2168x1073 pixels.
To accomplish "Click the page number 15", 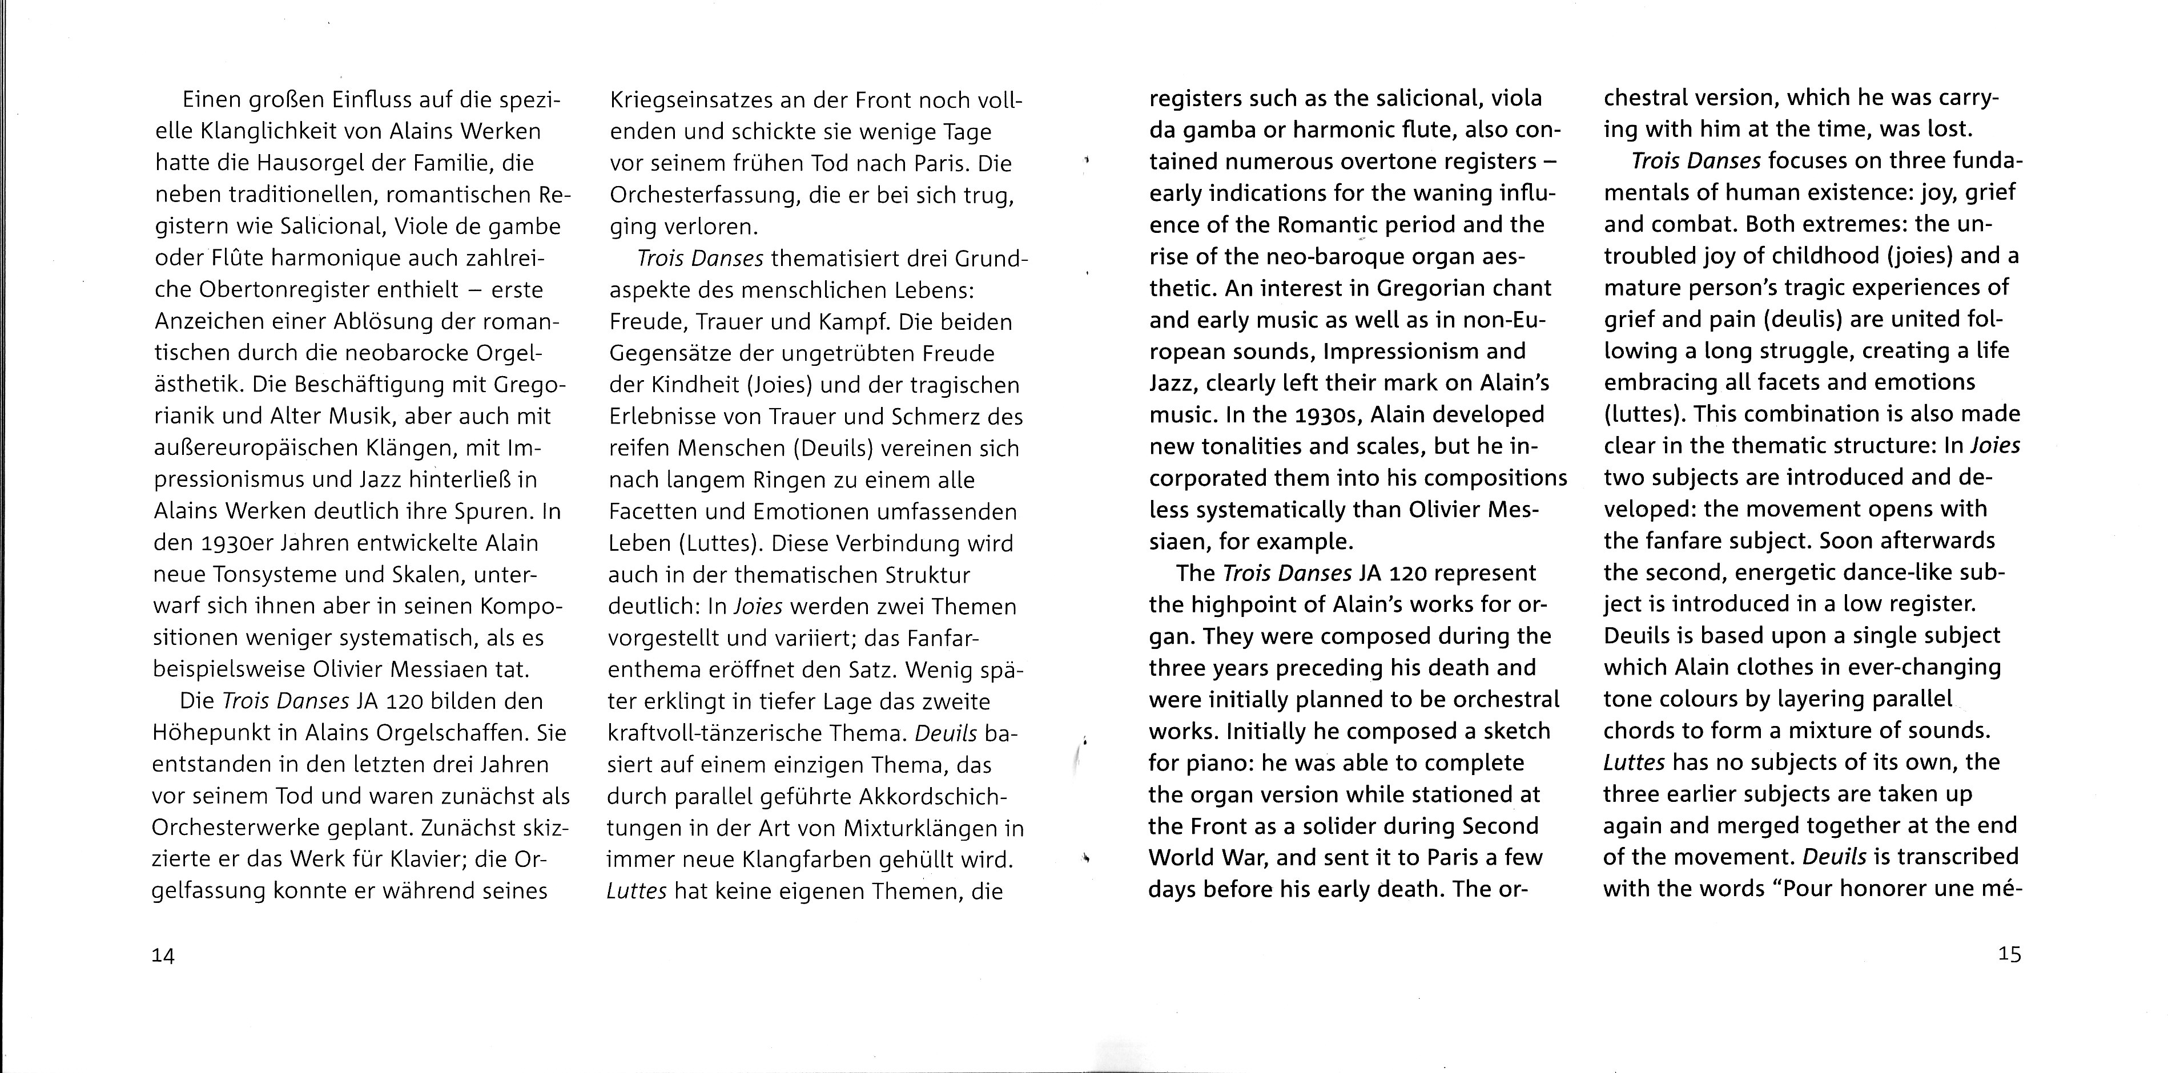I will pos(2009,954).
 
